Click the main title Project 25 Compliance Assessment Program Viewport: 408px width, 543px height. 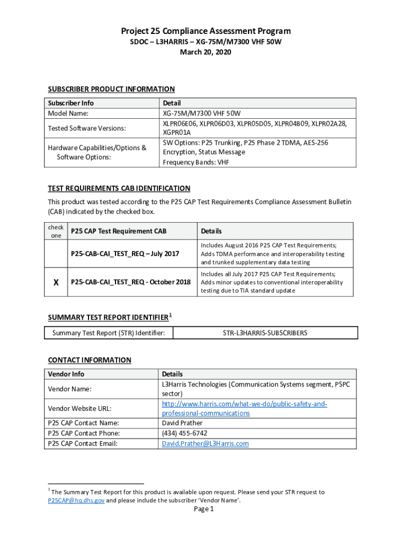pyautogui.click(x=206, y=31)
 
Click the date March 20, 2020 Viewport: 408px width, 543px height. pyautogui.click(x=206, y=52)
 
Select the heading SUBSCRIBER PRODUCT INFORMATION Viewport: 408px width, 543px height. pyautogui.click(x=111, y=89)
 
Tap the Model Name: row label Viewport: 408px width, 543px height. pyautogui.click(x=68, y=113)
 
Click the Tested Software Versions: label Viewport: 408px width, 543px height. pyautogui.click(x=87, y=128)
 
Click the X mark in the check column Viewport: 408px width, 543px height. pyautogui.click(x=56, y=282)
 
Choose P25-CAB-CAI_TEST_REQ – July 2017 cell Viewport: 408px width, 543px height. pyautogui.click(x=125, y=254)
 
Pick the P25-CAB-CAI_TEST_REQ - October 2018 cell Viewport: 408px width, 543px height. pyautogui.click(x=131, y=282)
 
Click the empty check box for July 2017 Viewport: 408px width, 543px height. pyautogui.click(x=56, y=254)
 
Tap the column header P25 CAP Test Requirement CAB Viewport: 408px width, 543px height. pyautogui.click(x=119, y=231)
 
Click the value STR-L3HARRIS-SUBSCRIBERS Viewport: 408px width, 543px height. pyautogui.click(x=265, y=333)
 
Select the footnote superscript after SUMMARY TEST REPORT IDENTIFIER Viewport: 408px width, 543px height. pyautogui.click(x=170, y=315)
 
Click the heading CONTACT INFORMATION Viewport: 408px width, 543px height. pyautogui.click(x=90, y=360)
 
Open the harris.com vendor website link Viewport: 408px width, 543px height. pyautogui.click(x=244, y=404)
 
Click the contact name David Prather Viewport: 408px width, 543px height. pyautogui.click(x=182, y=423)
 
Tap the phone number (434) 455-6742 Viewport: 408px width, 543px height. pyautogui.click(x=184, y=433)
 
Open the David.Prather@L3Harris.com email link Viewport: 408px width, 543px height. pyautogui.click(x=205, y=443)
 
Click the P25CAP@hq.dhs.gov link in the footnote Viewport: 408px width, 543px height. pyautogui.click(x=76, y=500)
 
